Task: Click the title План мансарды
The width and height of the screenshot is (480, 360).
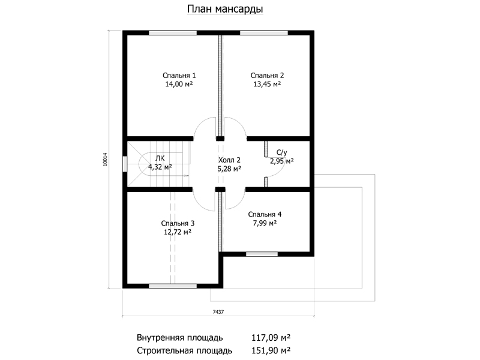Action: [225, 9]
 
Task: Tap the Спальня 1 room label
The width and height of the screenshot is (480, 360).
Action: [179, 76]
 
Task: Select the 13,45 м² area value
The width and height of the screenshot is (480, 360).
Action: [267, 84]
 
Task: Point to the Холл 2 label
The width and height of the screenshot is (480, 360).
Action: [229, 160]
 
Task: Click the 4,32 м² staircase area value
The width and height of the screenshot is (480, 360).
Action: [160, 167]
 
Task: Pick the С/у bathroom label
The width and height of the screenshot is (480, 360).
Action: [281, 152]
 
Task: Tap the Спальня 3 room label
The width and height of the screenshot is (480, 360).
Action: [178, 223]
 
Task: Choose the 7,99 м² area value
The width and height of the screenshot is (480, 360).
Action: [265, 223]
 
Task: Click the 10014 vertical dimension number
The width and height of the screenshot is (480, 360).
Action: [106, 159]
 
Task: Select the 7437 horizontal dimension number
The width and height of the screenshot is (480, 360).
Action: [218, 312]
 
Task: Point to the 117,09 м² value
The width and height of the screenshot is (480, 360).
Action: [271, 338]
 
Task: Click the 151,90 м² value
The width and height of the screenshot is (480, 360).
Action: [271, 350]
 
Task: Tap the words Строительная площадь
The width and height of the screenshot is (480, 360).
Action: [184, 350]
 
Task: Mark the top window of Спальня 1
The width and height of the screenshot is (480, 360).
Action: [173, 33]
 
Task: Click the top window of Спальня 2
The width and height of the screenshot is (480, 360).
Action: [264, 33]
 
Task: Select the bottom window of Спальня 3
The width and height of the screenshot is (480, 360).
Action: [173, 286]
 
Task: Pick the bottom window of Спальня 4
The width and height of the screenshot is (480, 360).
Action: [262, 254]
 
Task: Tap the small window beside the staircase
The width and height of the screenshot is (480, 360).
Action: [125, 164]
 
